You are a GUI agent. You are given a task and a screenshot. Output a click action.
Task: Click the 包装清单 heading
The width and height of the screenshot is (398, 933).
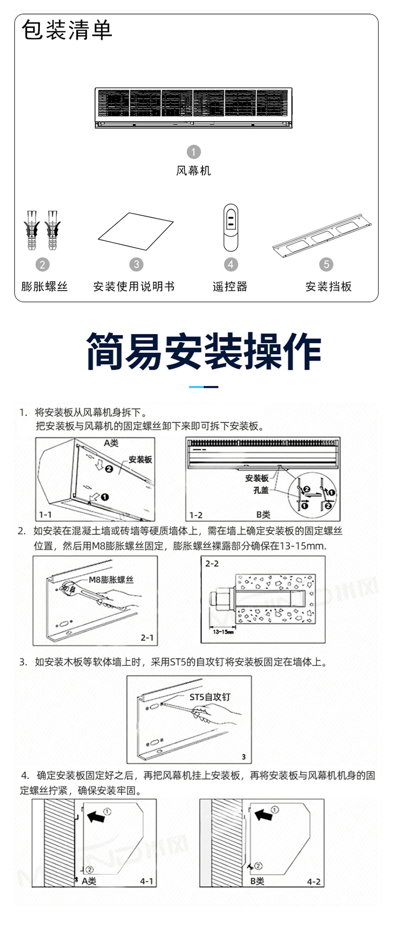tap(67, 30)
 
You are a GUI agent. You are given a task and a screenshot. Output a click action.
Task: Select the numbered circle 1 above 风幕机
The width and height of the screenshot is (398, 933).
tap(193, 152)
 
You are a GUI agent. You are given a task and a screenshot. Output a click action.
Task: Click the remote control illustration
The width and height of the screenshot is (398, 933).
tap(231, 228)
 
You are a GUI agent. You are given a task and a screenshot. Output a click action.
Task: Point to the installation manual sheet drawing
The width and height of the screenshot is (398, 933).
tap(136, 231)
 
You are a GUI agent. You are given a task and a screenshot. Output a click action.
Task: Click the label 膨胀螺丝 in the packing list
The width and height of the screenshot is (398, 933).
tap(44, 287)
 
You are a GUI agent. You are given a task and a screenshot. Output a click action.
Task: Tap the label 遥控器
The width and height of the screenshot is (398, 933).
tap(230, 287)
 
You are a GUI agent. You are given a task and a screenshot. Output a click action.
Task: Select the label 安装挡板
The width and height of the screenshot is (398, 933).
tap(328, 287)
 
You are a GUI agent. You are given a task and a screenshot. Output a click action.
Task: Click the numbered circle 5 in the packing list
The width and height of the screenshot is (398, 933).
tap(326, 264)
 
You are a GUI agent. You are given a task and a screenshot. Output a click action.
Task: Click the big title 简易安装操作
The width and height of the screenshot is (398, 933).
tap(204, 352)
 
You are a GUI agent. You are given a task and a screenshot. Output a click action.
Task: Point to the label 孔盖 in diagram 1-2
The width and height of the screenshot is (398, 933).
tap(260, 490)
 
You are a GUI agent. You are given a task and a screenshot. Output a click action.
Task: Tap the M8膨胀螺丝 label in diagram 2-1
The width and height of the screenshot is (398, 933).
tap(111, 579)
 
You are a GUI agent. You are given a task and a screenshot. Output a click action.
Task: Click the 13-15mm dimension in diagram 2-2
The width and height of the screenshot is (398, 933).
tap(223, 632)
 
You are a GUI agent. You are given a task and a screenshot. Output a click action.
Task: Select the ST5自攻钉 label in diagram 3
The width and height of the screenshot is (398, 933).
tap(210, 697)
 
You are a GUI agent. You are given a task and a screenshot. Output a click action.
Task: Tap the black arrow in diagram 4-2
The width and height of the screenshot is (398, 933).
tap(264, 814)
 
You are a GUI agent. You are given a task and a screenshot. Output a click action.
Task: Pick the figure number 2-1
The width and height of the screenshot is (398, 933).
tap(147, 638)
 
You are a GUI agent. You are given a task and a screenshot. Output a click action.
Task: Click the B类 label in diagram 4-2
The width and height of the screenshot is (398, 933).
tap(257, 881)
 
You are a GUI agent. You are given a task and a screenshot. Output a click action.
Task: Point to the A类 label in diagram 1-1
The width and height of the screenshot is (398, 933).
tap(111, 443)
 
